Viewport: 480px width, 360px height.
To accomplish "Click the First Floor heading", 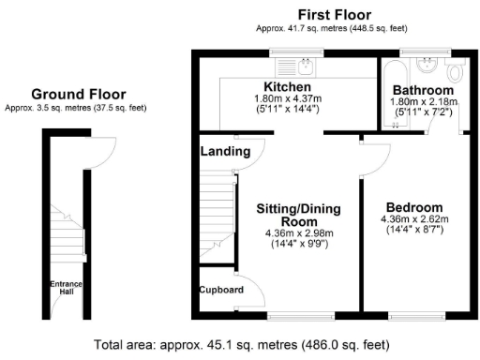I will click(333, 15).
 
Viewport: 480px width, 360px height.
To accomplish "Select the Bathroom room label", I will click(422, 90).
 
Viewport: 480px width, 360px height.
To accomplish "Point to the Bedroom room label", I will click(412, 207).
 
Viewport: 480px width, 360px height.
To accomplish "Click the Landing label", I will click(225, 151).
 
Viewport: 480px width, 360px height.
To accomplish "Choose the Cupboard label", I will click(221, 290).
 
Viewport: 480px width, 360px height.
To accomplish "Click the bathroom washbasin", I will click(427, 64).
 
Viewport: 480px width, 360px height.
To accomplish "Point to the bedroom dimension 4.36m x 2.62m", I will click(412, 220).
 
